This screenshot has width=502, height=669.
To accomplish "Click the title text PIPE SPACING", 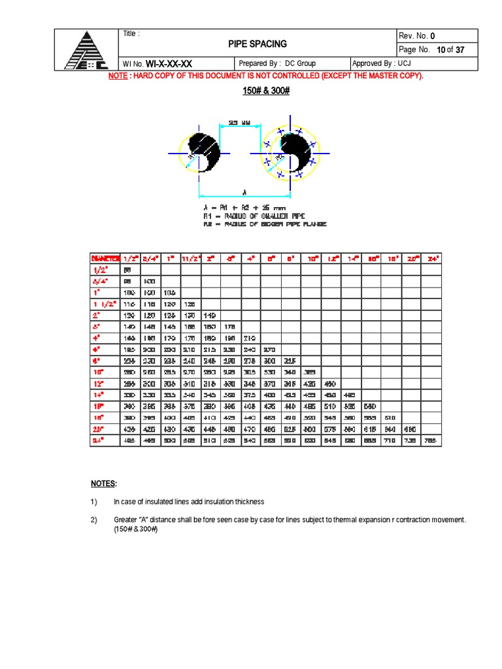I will pos(257,44).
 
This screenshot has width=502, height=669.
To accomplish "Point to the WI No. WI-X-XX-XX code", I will pos(169,63).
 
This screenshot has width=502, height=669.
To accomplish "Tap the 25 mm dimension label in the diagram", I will pos(240,122).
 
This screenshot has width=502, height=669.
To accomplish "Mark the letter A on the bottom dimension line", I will pos(244,192).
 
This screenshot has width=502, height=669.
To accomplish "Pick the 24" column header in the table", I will pos(431,259).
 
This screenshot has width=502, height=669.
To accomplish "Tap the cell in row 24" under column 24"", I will pos(431,441).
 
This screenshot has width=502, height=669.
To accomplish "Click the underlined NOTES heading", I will pos(103,484).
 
